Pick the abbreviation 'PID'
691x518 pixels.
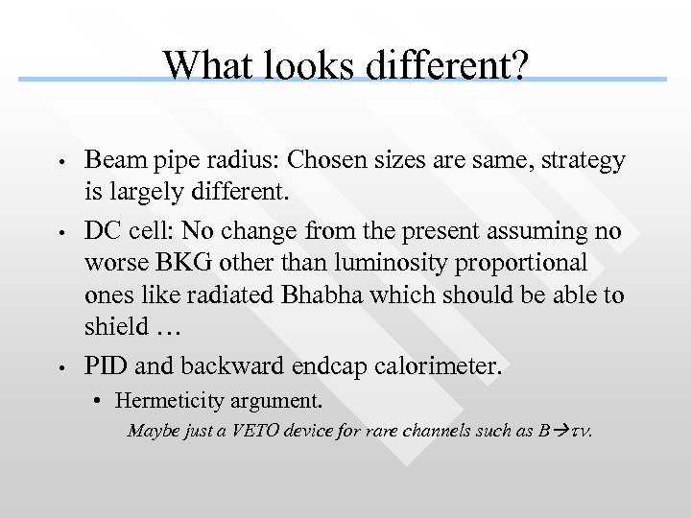coord(105,366)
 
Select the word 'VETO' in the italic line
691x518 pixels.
coord(248,431)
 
